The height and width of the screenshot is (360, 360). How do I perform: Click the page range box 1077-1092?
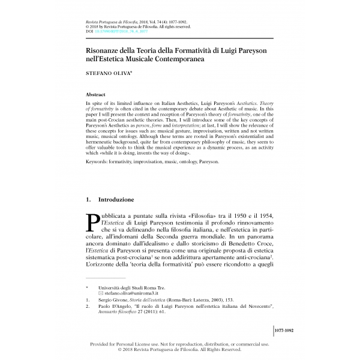pyautogui.click(x=283, y=330)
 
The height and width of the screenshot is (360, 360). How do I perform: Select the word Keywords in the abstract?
pyautogui.click(x=101, y=161)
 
